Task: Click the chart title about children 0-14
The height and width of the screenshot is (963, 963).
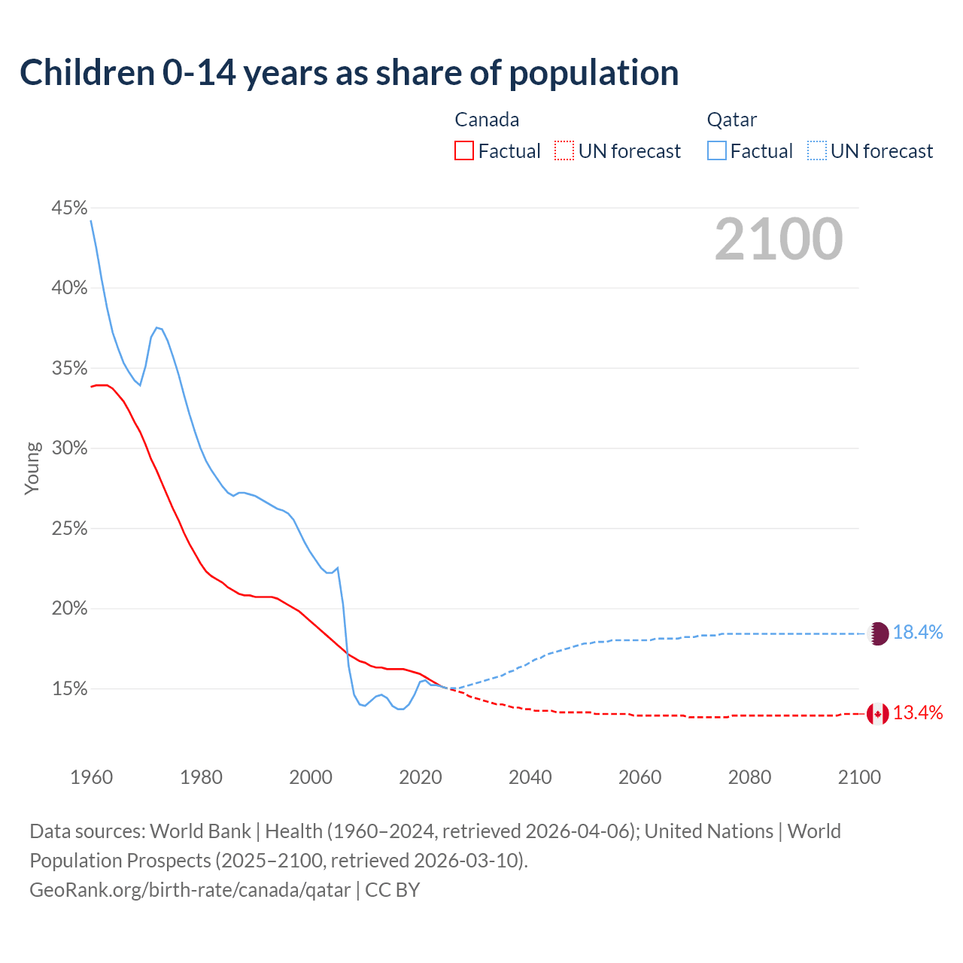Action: (x=349, y=73)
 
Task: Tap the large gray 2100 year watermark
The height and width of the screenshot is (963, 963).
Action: (x=779, y=239)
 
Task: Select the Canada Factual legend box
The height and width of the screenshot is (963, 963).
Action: (x=464, y=151)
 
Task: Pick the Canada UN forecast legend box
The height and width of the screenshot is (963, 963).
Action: (x=564, y=151)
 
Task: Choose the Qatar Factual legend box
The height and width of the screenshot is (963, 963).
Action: (x=717, y=151)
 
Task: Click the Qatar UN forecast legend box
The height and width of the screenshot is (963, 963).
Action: (x=817, y=151)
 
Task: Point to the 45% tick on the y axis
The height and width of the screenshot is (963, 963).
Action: (x=69, y=208)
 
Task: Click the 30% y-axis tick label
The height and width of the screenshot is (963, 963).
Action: (x=69, y=448)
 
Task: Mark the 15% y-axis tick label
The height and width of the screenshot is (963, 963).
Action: (x=69, y=689)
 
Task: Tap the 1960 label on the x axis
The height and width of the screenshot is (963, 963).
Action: (x=92, y=777)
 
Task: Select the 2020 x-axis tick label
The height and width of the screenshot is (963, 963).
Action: (x=421, y=777)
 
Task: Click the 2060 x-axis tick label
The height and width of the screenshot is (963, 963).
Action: (x=639, y=777)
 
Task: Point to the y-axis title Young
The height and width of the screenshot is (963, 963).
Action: (x=32, y=468)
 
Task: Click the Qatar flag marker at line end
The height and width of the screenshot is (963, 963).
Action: (x=878, y=633)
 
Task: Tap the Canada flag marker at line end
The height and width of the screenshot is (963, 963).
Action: (x=878, y=714)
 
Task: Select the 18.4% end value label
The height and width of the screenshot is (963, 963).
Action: (x=918, y=633)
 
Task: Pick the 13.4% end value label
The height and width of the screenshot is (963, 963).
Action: (x=918, y=713)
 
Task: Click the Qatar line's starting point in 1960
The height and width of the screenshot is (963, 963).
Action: (x=92, y=221)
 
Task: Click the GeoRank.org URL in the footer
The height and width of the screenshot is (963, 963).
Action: (x=190, y=890)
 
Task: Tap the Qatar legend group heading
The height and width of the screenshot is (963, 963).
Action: (x=732, y=120)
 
